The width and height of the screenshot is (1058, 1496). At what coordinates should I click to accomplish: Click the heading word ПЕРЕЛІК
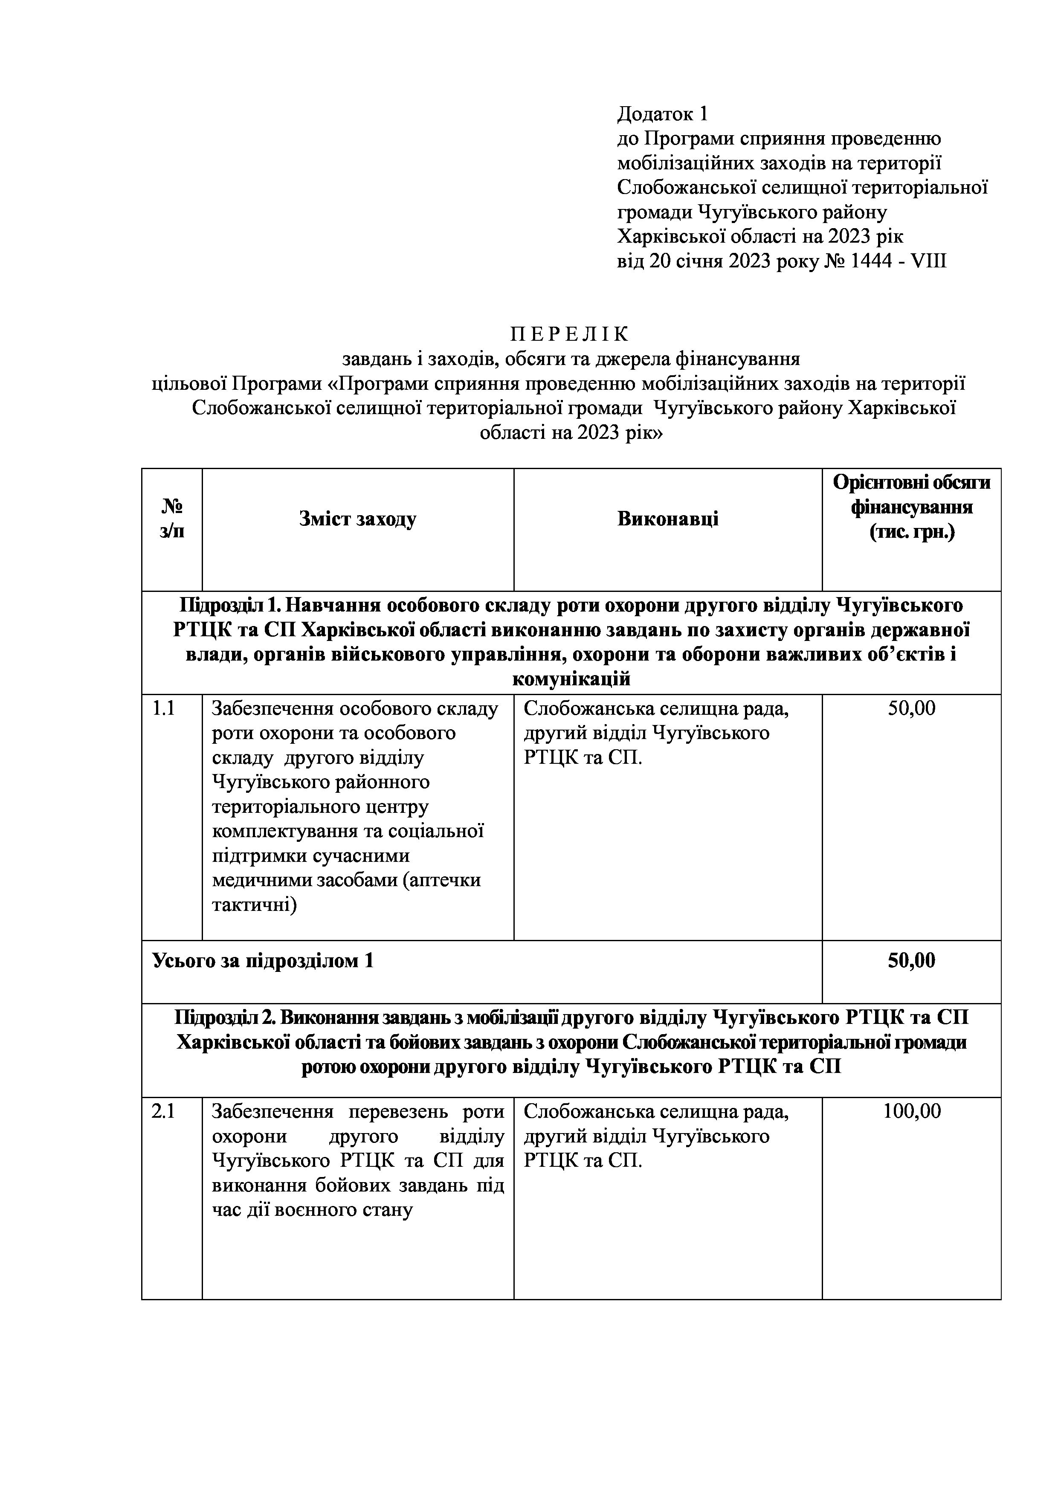point(570,334)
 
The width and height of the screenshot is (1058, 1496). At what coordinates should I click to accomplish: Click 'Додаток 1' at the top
point(662,114)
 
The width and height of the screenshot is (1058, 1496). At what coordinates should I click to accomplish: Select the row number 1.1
point(163,708)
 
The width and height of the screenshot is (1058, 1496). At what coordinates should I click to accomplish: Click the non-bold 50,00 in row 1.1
point(911,708)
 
